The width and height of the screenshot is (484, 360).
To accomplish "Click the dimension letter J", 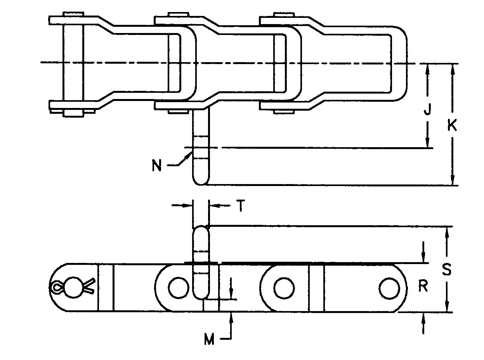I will tap(427, 111).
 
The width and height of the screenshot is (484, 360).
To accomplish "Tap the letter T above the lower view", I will tap(240, 206).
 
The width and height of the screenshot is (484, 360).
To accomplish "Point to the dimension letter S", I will tap(447, 269).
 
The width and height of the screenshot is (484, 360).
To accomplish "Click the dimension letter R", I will tap(423, 286).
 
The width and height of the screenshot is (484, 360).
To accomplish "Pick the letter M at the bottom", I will tap(209, 340).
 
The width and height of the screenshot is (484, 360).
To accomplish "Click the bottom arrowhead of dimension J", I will tap(428, 144).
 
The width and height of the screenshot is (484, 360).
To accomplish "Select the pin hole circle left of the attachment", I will tap(177, 288).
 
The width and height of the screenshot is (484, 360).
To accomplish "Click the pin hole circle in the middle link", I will tap(284, 288).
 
